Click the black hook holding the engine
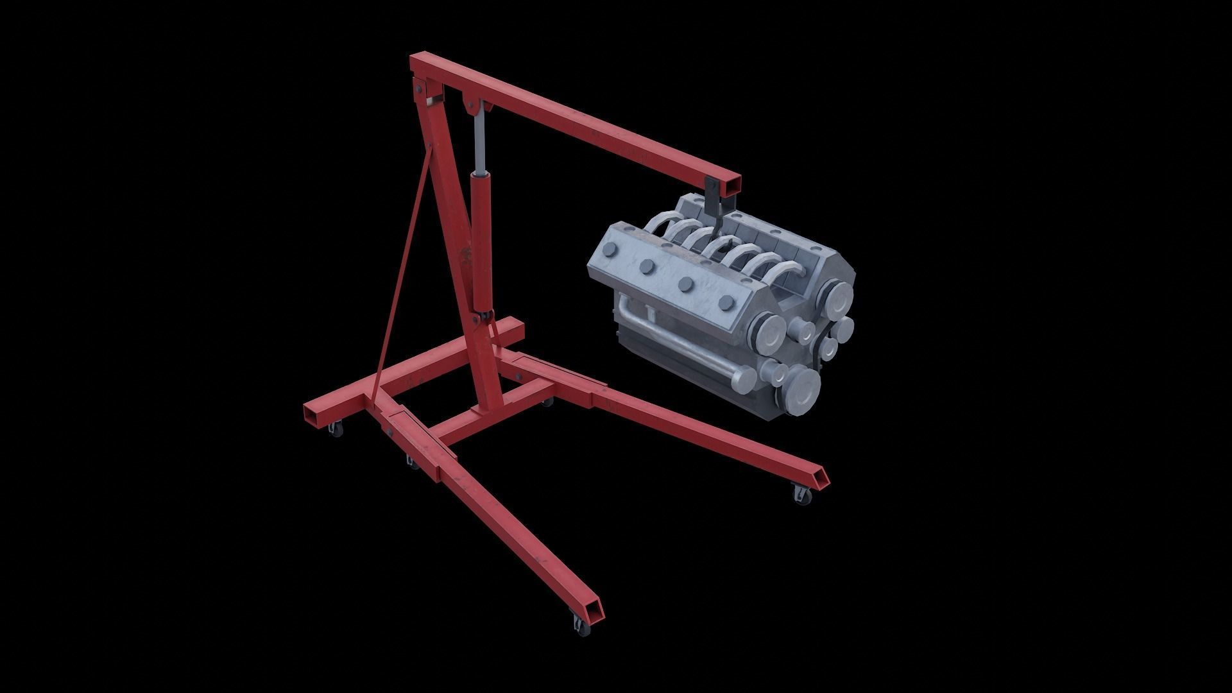click(714, 200)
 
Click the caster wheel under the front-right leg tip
click(801, 495)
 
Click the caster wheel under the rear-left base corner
click(334, 429)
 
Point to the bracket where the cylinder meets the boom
click(475, 106)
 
